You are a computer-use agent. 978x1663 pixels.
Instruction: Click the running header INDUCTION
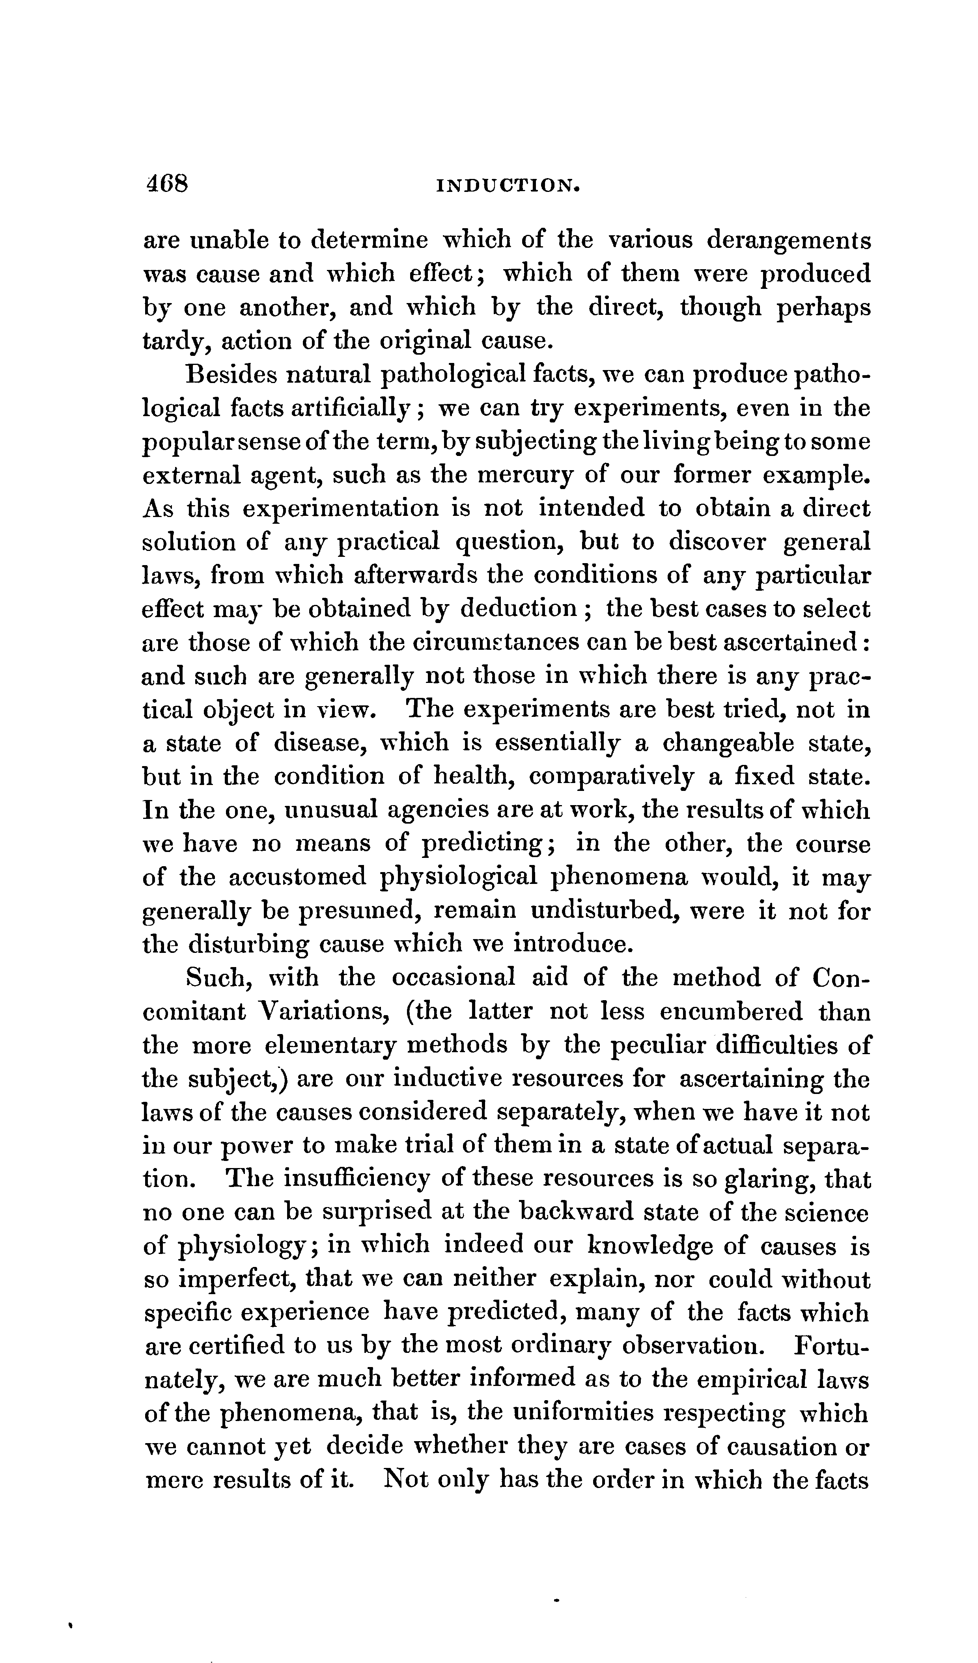pyautogui.click(x=508, y=188)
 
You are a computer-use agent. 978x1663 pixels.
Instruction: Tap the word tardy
pyautogui.click(x=174, y=341)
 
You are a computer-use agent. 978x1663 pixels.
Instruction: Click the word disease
pyautogui.click(x=314, y=743)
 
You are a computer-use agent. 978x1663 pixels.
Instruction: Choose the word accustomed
pyautogui.click(x=297, y=878)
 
